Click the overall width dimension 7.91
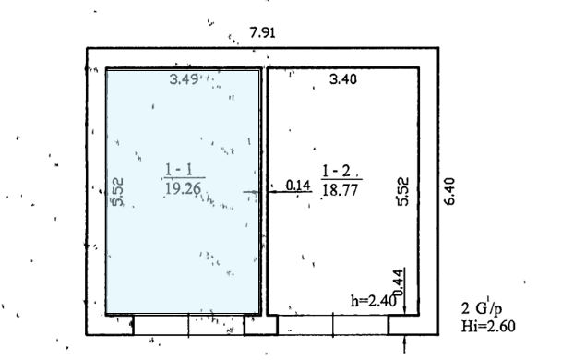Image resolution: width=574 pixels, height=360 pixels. [x=262, y=32]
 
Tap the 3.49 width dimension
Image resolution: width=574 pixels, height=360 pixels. [x=185, y=78]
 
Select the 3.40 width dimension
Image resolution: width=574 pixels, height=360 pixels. [x=343, y=79]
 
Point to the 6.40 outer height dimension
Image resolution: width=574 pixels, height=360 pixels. [x=449, y=191]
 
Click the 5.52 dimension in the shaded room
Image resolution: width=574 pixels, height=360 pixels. [x=117, y=192]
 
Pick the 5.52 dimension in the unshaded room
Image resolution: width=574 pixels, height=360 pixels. [x=402, y=191]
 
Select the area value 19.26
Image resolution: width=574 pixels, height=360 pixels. [x=184, y=188]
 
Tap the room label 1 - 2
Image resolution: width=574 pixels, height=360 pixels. [x=337, y=171]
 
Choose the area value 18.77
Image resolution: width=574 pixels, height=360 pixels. [x=341, y=190]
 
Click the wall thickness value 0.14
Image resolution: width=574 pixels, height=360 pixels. [x=298, y=186]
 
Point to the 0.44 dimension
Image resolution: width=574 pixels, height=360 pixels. [x=399, y=282]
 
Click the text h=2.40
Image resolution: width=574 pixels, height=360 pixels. [x=374, y=301]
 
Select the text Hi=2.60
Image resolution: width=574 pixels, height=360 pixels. [x=488, y=326]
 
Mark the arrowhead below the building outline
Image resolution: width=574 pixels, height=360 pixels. [x=404, y=340]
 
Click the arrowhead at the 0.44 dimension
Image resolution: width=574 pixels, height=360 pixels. [x=404, y=310]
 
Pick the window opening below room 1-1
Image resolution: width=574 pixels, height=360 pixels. [x=189, y=325]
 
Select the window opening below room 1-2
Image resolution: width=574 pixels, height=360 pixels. [x=333, y=325]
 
